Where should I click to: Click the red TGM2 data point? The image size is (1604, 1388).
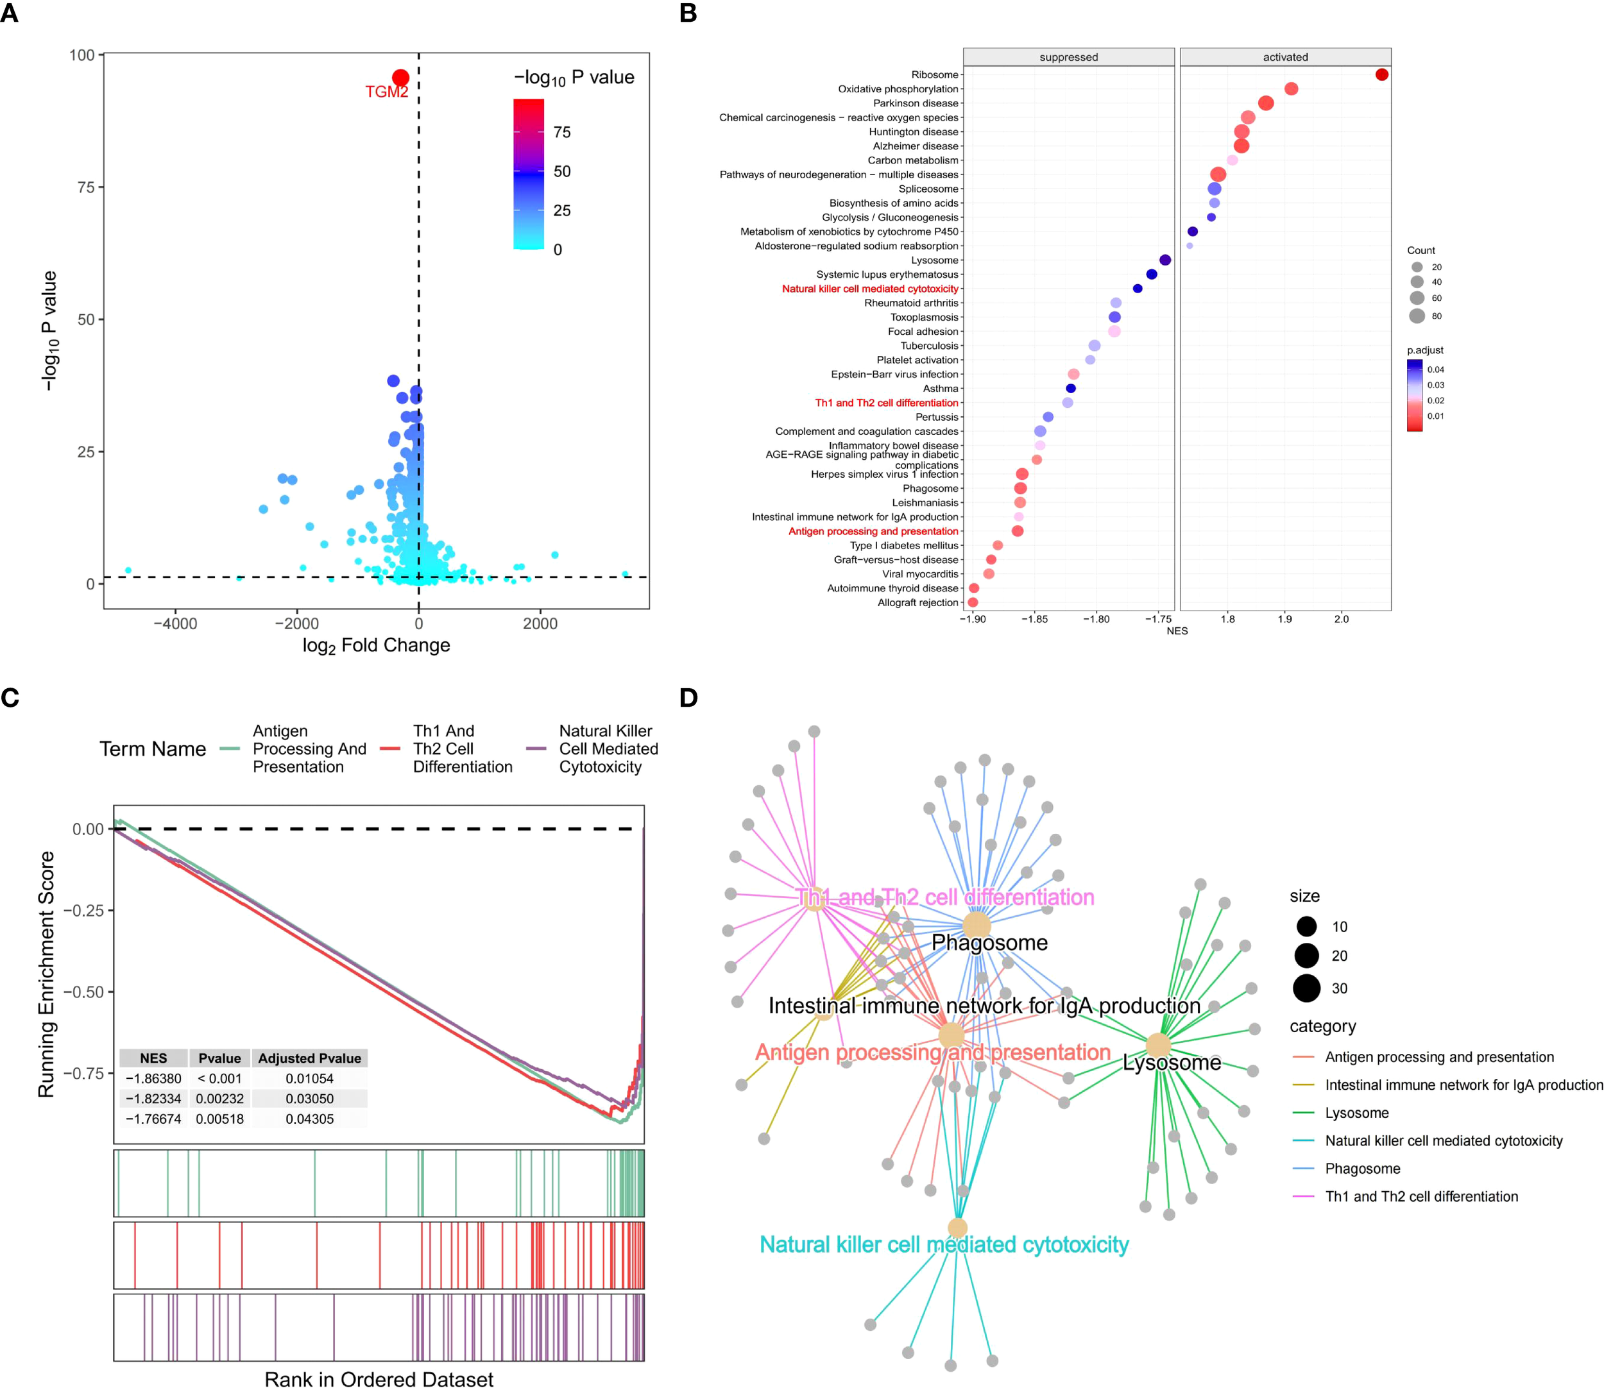tap(400, 78)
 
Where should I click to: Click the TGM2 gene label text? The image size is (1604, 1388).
tap(387, 92)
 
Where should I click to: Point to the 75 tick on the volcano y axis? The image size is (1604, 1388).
tap(86, 187)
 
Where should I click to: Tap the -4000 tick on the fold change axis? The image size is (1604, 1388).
tap(175, 624)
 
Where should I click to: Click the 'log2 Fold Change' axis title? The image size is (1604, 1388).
tap(376, 646)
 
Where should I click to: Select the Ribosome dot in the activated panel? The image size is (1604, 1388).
tap(1381, 75)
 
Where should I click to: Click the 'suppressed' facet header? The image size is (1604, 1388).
tap(1068, 57)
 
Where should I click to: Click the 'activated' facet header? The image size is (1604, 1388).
tap(1284, 57)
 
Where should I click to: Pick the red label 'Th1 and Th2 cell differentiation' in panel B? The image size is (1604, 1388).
tap(887, 403)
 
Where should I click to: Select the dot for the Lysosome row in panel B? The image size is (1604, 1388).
tap(1165, 260)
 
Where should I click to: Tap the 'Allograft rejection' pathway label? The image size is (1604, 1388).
tap(917, 603)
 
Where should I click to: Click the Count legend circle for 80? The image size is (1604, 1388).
tap(1417, 316)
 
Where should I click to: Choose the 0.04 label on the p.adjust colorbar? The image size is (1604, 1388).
tap(1436, 369)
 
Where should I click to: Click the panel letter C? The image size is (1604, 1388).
tap(10, 698)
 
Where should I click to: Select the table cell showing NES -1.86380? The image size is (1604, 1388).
tap(153, 1079)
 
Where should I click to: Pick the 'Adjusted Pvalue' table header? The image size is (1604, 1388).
tap(309, 1059)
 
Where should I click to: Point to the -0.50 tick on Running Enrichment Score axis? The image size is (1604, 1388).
tap(83, 992)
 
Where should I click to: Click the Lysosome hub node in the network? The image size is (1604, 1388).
tap(1157, 1045)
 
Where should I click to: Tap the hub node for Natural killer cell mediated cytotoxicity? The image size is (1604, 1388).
tap(958, 1228)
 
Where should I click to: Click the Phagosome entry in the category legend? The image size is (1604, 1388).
tap(1362, 1169)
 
